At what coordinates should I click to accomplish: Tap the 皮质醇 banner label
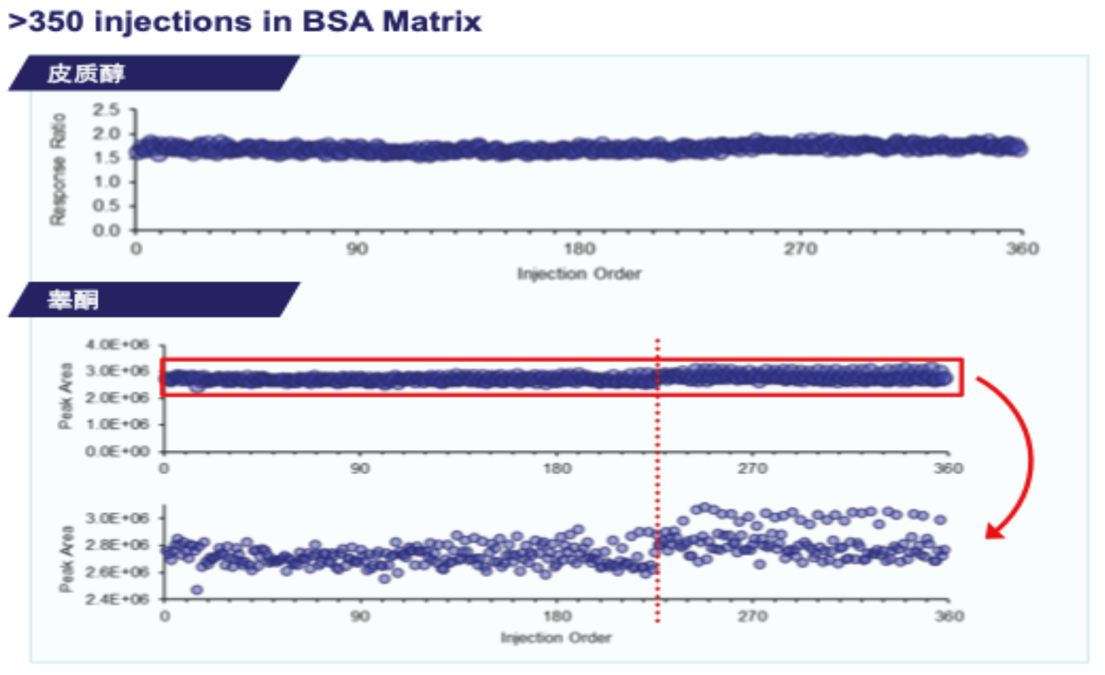(x=86, y=73)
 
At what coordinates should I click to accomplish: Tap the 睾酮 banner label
(x=72, y=299)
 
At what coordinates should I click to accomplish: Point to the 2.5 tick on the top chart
(x=107, y=109)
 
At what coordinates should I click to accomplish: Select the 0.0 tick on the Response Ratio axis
(x=107, y=230)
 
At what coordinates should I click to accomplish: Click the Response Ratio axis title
(x=58, y=169)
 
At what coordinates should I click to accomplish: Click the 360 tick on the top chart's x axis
(x=1022, y=249)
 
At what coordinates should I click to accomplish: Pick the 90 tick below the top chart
(x=356, y=249)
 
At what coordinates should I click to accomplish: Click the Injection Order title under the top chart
(x=579, y=273)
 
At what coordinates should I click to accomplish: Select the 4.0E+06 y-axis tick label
(x=117, y=345)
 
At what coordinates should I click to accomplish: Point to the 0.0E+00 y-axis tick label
(x=117, y=451)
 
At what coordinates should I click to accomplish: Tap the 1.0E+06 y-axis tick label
(x=117, y=424)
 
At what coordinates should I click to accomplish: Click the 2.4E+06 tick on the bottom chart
(x=117, y=598)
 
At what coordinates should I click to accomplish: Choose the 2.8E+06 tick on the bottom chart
(x=117, y=544)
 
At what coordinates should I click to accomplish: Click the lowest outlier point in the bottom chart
(x=196, y=590)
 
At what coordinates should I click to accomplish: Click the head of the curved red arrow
(x=993, y=533)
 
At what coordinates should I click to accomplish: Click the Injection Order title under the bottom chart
(x=556, y=637)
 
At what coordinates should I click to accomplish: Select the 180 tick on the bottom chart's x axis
(x=557, y=616)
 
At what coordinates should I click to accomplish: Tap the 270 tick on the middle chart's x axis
(x=752, y=468)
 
